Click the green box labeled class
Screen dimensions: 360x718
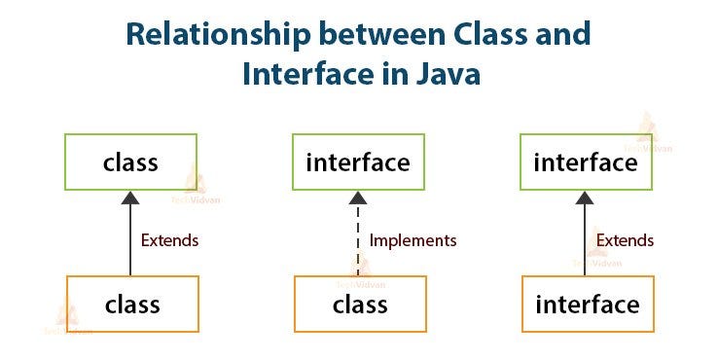pos(131,162)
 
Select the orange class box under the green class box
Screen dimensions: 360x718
pos(131,305)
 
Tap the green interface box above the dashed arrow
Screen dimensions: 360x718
pos(358,162)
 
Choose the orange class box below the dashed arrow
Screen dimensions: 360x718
pos(358,305)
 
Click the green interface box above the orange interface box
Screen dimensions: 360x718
pos(586,162)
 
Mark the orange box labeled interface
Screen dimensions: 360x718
pos(586,305)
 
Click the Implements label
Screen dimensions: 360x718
pos(413,240)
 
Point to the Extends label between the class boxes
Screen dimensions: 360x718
pos(171,240)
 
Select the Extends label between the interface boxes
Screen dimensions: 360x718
pos(625,240)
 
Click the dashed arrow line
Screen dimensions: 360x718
pos(358,243)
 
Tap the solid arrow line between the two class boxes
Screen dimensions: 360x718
pos(131,243)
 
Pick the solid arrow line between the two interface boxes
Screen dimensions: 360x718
pos(586,243)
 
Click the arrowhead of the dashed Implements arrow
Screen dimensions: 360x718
pos(358,198)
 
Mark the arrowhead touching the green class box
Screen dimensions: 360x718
pos(131,198)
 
